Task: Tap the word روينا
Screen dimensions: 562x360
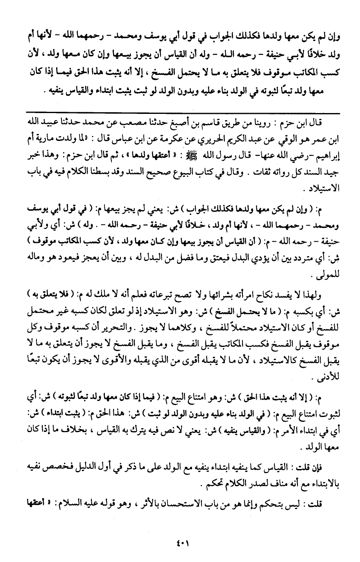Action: pos(268,122)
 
